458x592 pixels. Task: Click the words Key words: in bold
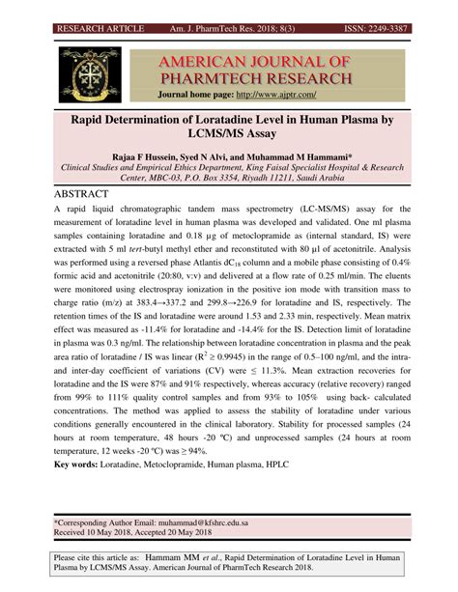tap(81, 465)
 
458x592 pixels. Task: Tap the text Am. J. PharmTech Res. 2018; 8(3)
tap(243, 8)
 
